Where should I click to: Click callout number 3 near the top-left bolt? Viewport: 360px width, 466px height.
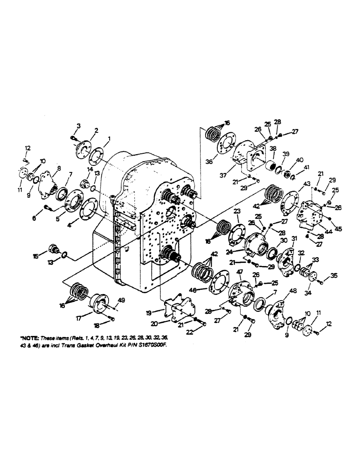pos(79,126)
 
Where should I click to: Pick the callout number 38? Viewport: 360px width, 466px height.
pos(272,150)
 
